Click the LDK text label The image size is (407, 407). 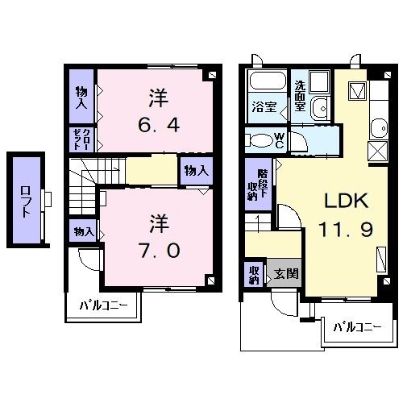[x=347, y=201]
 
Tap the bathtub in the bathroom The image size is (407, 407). [x=267, y=81]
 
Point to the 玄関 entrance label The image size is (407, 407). [x=284, y=273]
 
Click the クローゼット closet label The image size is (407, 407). [x=82, y=140]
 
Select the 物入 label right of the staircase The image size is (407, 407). [x=195, y=171]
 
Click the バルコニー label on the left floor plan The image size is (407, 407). [x=102, y=306]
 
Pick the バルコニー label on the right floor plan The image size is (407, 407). [x=355, y=327]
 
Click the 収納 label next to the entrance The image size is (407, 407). [x=253, y=274]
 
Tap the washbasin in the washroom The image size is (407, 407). [x=321, y=106]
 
